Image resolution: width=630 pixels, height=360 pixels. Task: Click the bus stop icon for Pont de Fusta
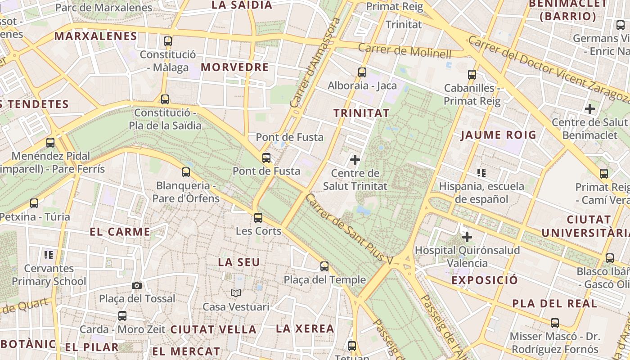[266, 158]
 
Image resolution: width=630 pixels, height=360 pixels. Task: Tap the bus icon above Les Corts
[258, 218]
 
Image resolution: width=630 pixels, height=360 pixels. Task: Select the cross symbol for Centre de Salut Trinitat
[355, 159]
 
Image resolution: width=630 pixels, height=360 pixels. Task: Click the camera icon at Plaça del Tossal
[137, 285]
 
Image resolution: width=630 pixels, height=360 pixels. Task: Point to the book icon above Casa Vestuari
[236, 293]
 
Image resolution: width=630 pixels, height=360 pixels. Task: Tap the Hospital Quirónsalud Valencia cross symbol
[467, 237]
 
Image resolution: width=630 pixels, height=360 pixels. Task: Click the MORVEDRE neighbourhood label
[234, 67]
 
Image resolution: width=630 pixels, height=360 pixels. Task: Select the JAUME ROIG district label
[499, 135]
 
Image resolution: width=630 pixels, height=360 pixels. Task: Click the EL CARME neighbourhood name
[120, 232]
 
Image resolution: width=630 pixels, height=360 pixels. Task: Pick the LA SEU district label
[239, 262]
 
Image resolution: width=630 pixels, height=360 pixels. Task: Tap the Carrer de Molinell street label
[405, 51]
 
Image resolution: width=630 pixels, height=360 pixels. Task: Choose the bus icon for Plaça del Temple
[324, 266]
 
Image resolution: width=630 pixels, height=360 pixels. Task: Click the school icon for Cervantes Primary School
[49, 255]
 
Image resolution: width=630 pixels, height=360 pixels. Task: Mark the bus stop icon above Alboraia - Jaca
[362, 72]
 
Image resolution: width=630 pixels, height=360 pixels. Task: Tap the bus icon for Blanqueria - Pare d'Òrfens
[186, 172]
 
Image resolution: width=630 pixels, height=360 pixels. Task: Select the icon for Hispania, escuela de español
[481, 172]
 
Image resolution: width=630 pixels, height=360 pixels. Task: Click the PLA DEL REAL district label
[554, 304]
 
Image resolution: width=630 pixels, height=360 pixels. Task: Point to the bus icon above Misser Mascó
[555, 323]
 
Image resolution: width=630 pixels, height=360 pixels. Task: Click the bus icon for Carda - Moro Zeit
[122, 316]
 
